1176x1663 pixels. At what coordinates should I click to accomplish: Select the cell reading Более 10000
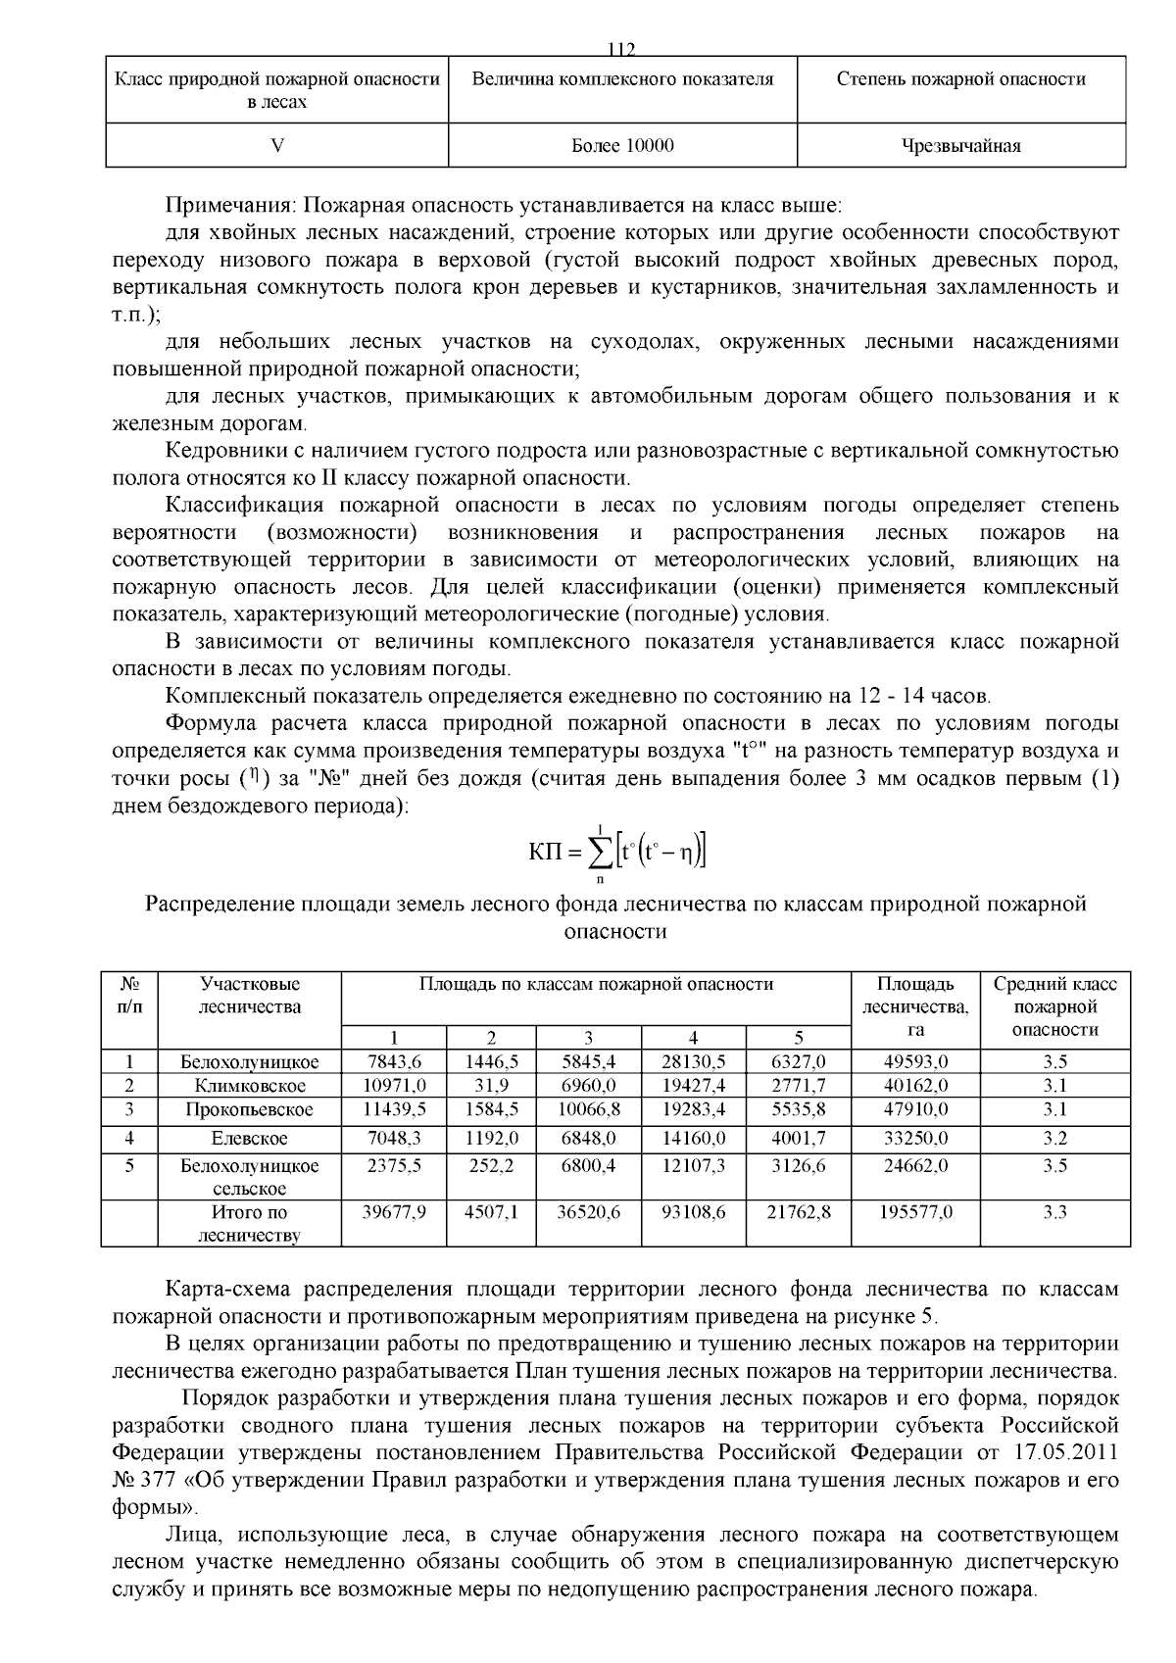(622, 146)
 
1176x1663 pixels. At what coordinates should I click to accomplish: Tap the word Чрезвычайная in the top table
(960, 146)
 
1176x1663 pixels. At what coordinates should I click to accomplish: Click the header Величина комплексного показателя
(622, 79)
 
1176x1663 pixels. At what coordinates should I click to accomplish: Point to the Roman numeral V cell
(277, 146)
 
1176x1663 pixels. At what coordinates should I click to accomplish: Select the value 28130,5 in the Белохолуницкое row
(693, 1062)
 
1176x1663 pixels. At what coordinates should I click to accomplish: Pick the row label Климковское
(250, 1086)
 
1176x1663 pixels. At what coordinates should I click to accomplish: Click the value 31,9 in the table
(491, 1086)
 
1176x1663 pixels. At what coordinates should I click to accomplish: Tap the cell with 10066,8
(588, 1109)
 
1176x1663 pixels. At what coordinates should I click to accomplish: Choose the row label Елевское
(250, 1139)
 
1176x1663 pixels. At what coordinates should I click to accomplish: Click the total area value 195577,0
(915, 1212)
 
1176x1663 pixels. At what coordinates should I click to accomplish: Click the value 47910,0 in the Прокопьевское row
(915, 1109)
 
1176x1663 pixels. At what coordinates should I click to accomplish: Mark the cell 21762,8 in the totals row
(798, 1212)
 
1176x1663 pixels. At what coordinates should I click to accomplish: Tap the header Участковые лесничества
(250, 995)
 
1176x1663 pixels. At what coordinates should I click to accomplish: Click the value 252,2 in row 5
(491, 1166)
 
